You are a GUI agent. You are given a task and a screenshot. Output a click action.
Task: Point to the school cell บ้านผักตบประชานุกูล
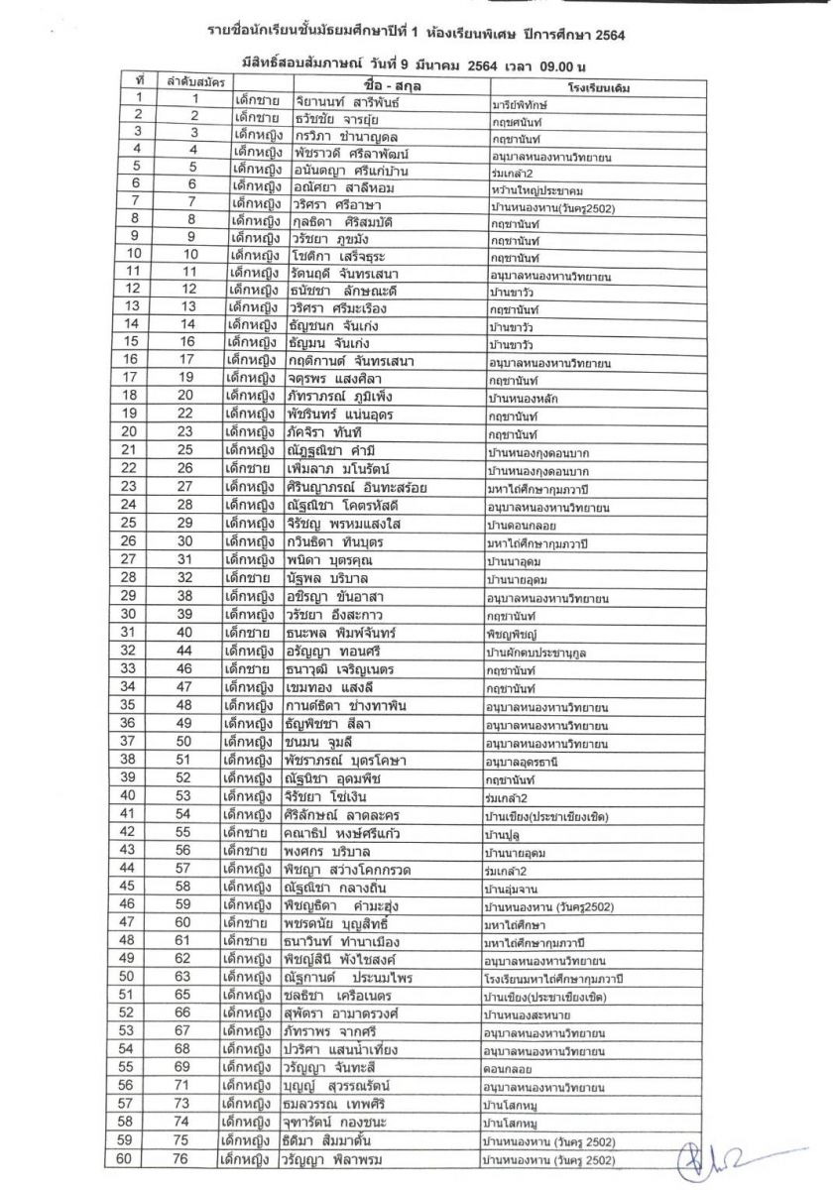(546, 652)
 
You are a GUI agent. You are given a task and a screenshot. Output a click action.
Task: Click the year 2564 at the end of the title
(608, 34)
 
